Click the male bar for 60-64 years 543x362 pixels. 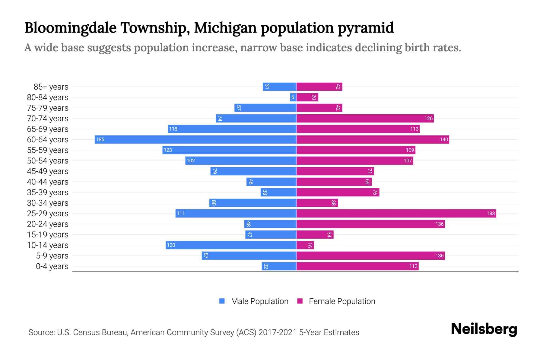[195, 139]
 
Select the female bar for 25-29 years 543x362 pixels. [396, 213]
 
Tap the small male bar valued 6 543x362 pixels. [293, 97]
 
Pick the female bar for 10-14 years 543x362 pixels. [305, 245]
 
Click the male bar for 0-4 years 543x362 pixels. [279, 266]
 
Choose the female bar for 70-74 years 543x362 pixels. [365, 118]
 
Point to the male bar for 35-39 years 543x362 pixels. [278, 192]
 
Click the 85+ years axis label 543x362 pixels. [51, 87]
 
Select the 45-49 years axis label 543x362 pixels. [48, 171]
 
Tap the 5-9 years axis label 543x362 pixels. [52, 256]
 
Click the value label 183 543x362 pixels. [491, 213]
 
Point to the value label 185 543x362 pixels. [100, 139]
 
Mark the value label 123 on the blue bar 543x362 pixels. [168, 150]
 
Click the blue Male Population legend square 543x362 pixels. [222, 301]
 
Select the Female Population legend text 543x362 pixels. [342, 301]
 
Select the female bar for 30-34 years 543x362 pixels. [317, 203]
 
